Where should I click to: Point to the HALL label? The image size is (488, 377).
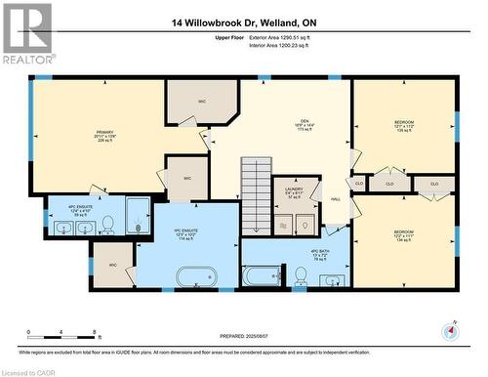pyautogui.click(x=335, y=199)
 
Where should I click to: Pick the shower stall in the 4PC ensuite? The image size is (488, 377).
pyautogui.click(x=138, y=217)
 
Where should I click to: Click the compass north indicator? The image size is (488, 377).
pyautogui.click(x=450, y=332)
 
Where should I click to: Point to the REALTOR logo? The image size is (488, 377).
pyautogui.click(x=26, y=33)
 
